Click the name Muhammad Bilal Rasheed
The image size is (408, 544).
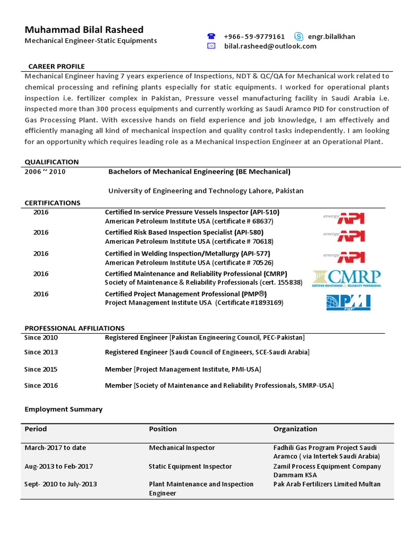point(84,29)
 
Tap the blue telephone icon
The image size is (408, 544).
point(211,37)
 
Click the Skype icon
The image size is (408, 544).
point(299,37)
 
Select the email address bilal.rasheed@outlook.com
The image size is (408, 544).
point(270,46)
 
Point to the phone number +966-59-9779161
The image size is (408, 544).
point(254,37)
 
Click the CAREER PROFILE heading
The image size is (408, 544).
point(56,66)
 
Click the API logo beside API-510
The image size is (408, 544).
point(344,218)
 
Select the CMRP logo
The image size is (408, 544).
point(347,278)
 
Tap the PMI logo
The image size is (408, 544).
point(348,302)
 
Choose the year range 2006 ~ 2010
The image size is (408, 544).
point(45,172)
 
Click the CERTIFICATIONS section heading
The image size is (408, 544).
point(53,203)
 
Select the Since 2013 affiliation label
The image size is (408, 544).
point(41,352)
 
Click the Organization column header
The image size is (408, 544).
point(295,429)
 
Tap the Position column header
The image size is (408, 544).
point(163,429)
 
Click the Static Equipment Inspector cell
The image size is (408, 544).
point(190,466)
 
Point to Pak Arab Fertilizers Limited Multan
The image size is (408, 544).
point(327,484)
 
